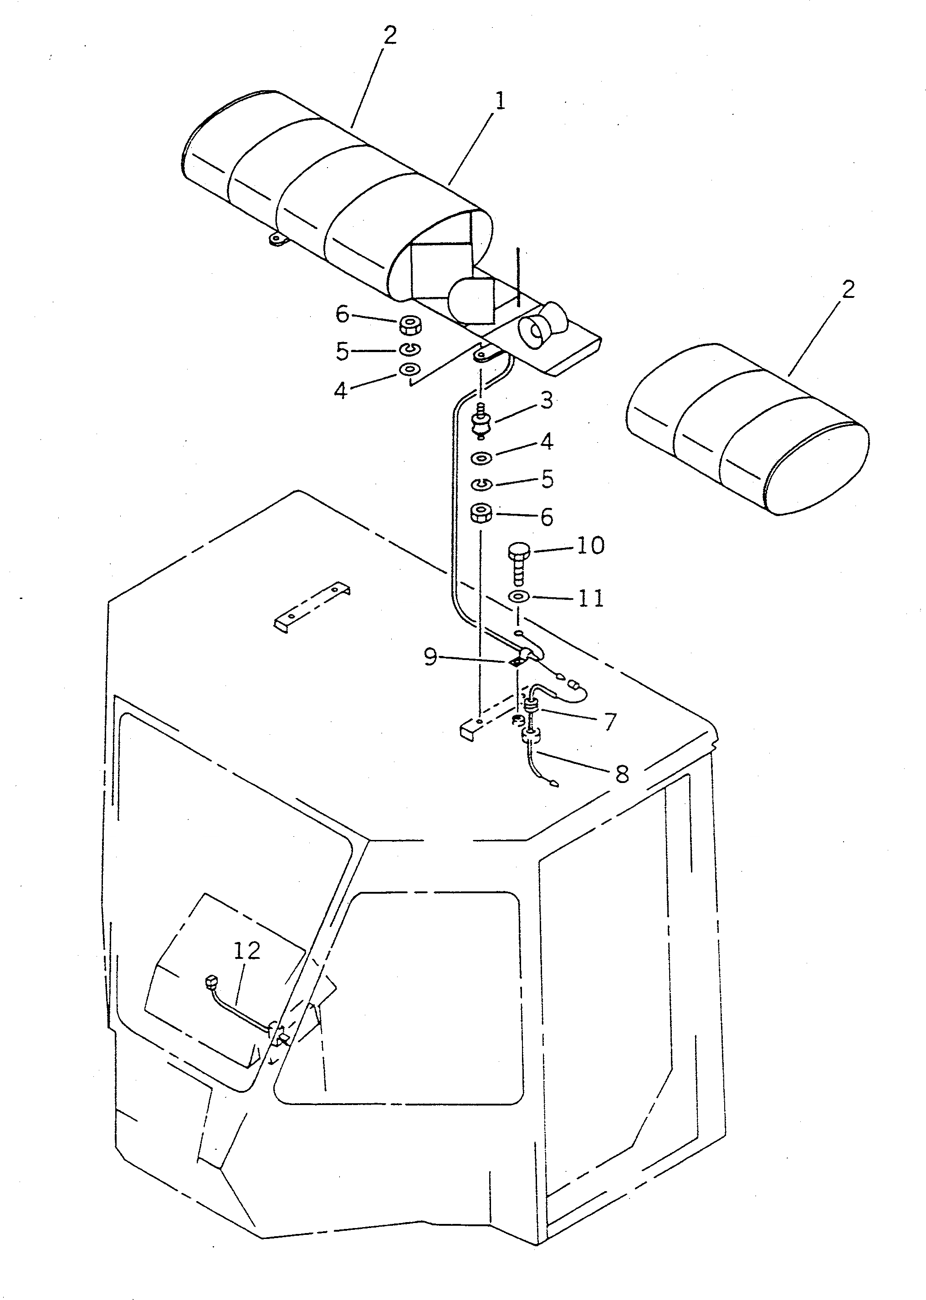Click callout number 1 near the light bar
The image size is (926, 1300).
(500, 102)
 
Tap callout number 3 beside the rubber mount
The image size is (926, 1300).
(546, 400)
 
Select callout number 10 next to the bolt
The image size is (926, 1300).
(590, 546)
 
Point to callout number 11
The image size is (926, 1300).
(591, 598)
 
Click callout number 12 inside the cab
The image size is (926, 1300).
(247, 951)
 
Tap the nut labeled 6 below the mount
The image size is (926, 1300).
(482, 514)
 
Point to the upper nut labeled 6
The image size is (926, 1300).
(408, 326)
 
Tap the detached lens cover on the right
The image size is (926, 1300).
(747, 429)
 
